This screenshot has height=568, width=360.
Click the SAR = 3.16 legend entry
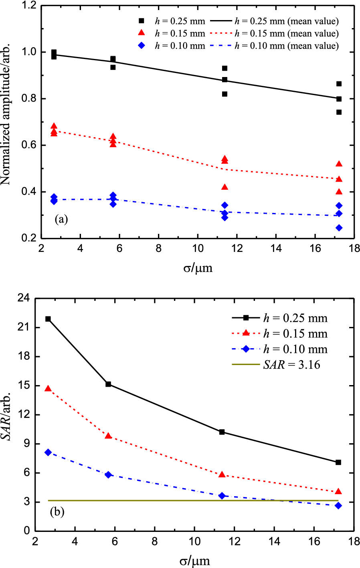click(291, 365)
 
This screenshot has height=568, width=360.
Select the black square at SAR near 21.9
click(48, 319)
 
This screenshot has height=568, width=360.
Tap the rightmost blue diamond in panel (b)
click(338, 506)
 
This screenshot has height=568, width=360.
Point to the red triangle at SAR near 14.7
click(48, 389)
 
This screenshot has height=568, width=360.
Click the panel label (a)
click(61, 219)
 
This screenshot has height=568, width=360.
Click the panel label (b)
click(57, 512)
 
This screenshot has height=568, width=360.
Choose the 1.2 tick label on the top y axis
click(29, 6)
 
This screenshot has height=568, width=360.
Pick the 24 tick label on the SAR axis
click(25, 298)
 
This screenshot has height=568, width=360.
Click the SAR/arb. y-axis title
click(6, 414)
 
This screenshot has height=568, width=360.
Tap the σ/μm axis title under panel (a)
click(198, 268)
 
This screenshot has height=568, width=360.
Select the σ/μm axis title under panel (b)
click(194, 560)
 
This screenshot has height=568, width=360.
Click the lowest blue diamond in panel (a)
click(339, 228)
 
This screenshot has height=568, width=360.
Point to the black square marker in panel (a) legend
click(141, 21)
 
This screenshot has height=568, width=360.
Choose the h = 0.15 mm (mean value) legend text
click(287, 34)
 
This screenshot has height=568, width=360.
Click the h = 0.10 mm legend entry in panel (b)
click(295, 349)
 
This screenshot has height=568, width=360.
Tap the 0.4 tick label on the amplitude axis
click(29, 192)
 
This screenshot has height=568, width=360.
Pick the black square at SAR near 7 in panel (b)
click(338, 463)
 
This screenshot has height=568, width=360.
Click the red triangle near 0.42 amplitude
click(224, 187)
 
